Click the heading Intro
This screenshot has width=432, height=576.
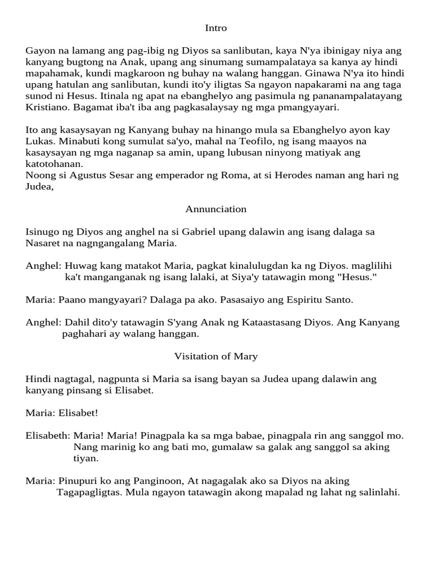(216, 28)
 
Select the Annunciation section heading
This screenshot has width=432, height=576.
(216, 209)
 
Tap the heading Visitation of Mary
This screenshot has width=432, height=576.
(216, 356)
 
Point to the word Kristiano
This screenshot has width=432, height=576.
(47, 107)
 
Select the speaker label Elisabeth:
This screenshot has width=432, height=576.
(48, 435)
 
